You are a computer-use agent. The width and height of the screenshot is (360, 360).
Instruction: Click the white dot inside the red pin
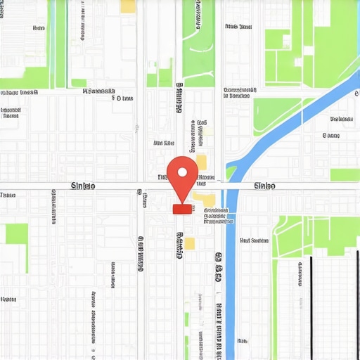tap(183, 171)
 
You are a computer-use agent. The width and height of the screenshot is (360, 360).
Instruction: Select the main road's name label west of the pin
tap(83, 186)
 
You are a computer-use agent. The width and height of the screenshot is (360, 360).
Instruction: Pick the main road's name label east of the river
tap(264, 186)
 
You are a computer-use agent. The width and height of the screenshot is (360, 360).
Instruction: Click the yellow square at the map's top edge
tap(127, 6)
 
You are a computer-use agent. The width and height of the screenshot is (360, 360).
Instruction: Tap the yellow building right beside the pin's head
tap(202, 163)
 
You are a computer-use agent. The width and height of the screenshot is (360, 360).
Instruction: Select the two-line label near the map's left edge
tap(11, 113)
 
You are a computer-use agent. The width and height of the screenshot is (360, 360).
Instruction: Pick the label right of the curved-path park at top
tap(238, 27)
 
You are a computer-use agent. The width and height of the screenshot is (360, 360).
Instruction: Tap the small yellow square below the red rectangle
tap(189, 243)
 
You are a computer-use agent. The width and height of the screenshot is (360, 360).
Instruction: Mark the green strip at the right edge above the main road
tap(345, 174)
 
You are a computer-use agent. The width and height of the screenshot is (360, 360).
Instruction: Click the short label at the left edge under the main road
tap(8, 300)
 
